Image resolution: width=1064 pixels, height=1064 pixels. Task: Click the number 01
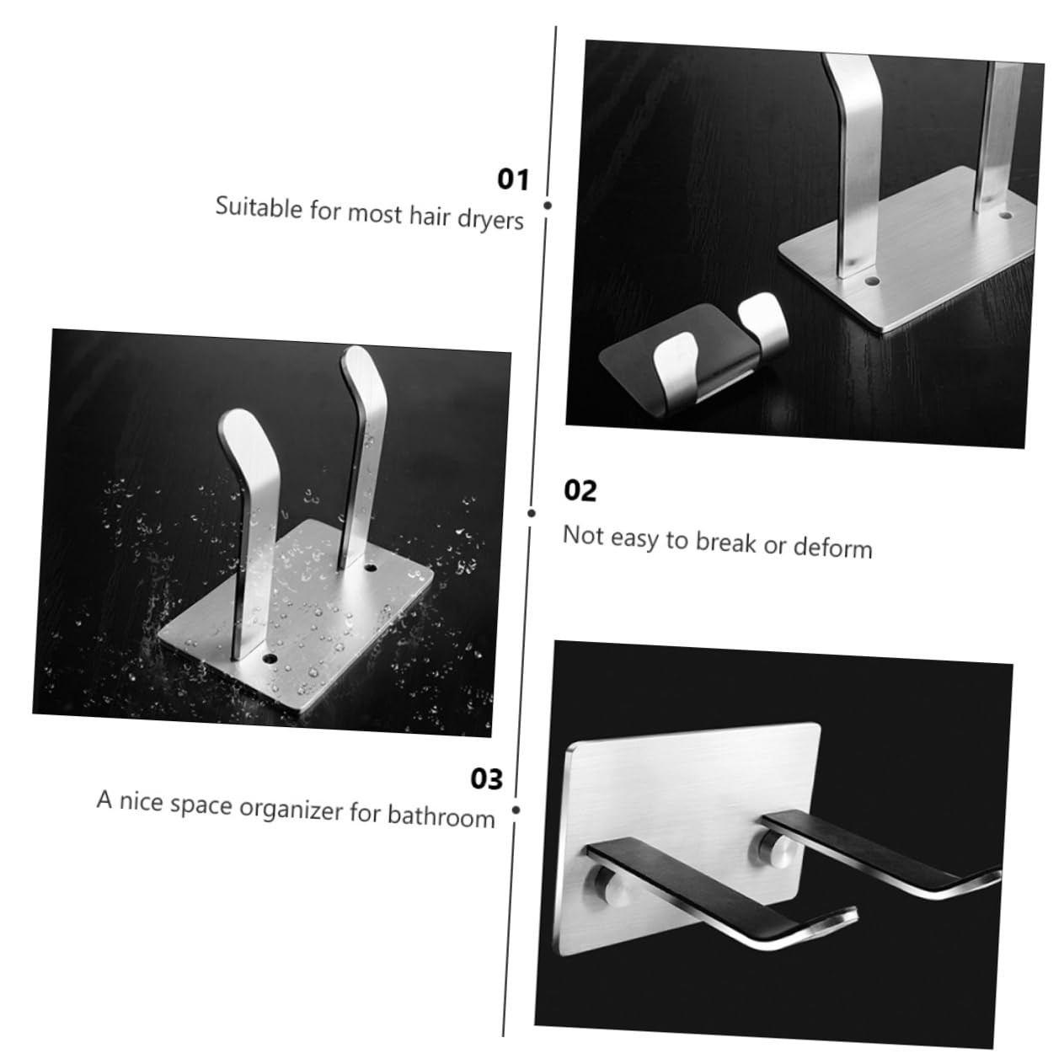click(x=512, y=179)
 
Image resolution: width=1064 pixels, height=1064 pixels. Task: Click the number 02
click(x=580, y=490)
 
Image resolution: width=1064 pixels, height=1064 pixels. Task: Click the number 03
click(x=486, y=779)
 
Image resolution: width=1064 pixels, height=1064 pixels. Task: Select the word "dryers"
click(x=490, y=219)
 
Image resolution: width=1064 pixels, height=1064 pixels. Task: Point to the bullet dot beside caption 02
click(x=532, y=512)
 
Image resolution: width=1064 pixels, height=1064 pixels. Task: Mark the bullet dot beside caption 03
click(x=516, y=810)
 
